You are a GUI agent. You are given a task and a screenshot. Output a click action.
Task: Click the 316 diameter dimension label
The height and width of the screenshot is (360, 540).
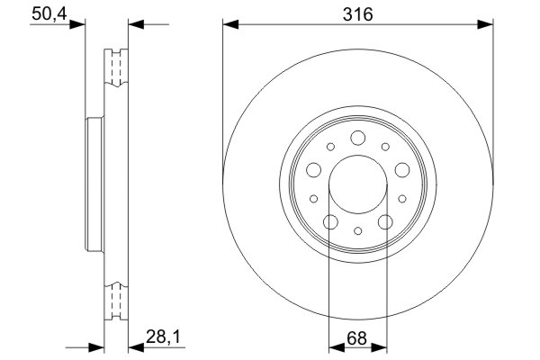(x=358, y=13)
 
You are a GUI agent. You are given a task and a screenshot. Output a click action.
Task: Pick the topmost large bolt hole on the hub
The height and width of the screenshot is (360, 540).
(x=357, y=138)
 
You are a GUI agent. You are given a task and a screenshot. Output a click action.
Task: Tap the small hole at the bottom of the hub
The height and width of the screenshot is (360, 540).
(x=357, y=231)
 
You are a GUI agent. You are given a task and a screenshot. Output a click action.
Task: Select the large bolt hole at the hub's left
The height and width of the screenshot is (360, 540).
(x=313, y=168)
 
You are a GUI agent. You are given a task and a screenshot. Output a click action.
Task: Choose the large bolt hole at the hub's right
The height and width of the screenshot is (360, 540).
(x=401, y=168)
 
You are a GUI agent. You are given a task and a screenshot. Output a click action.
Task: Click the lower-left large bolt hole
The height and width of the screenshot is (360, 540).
(x=329, y=221)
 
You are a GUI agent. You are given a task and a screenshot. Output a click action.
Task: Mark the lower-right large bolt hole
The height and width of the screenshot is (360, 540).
(x=385, y=221)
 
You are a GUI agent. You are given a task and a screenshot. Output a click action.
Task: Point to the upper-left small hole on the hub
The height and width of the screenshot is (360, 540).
(x=331, y=146)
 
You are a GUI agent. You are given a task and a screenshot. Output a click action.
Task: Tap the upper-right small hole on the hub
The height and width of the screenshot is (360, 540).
(x=384, y=146)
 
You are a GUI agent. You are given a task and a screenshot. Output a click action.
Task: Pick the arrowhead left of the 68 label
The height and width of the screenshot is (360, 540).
(x=335, y=346)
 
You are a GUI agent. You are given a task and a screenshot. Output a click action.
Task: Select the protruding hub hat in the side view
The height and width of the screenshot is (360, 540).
(x=91, y=184)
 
